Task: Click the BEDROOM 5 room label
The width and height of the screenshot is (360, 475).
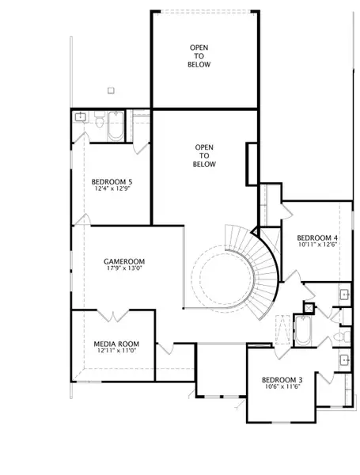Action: click(x=112, y=182)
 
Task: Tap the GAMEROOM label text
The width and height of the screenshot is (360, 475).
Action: click(x=124, y=261)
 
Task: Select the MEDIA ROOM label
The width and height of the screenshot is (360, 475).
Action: click(x=116, y=344)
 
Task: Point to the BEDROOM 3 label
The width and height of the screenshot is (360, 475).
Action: click(x=282, y=380)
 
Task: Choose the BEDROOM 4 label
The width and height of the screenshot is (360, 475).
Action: click(x=317, y=237)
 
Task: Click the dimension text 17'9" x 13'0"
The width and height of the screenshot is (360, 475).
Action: click(x=124, y=268)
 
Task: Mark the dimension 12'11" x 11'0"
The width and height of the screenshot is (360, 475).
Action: click(x=116, y=351)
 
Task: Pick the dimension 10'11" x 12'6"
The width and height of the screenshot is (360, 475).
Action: click(x=317, y=245)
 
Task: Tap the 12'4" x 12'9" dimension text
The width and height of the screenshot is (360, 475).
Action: click(x=112, y=188)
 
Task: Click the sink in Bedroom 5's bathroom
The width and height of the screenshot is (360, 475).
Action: click(x=81, y=117)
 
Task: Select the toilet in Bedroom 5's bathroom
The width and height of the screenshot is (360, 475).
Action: click(x=100, y=120)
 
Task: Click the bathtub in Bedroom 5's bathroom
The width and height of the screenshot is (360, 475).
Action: click(x=116, y=127)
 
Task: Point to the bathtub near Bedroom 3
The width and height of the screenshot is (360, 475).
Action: click(x=303, y=331)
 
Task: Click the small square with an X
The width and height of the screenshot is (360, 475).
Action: click(x=309, y=309)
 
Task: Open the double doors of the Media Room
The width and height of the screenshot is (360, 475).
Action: click(x=113, y=315)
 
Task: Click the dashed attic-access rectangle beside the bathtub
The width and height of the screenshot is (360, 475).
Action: click(x=282, y=330)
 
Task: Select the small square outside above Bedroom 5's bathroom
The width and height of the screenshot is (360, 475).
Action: click(x=111, y=90)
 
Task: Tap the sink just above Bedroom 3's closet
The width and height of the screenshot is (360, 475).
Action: click(x=344, y=360)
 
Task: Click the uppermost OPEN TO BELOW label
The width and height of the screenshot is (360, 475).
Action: click(x=199, y=56)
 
